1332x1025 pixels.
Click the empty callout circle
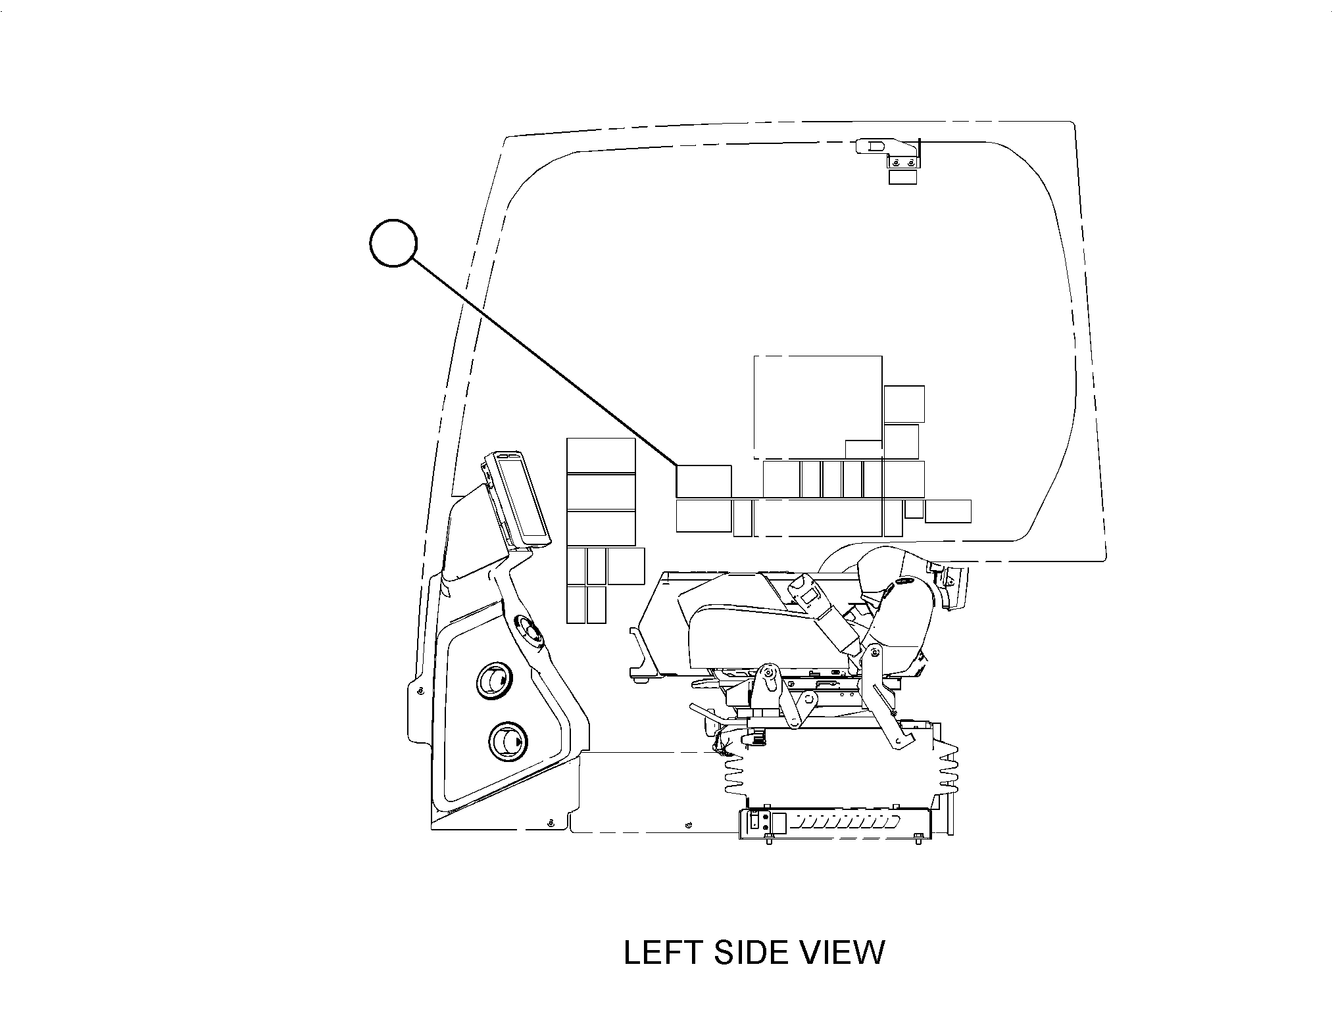point(393,243)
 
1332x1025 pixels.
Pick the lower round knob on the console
point(508,742)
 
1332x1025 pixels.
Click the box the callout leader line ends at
point(704,481)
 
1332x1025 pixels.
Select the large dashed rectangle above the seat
point(818,408)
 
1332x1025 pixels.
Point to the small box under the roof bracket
point(902,177)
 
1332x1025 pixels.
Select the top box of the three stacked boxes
point(601,456)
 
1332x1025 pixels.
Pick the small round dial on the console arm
point(529,631)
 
